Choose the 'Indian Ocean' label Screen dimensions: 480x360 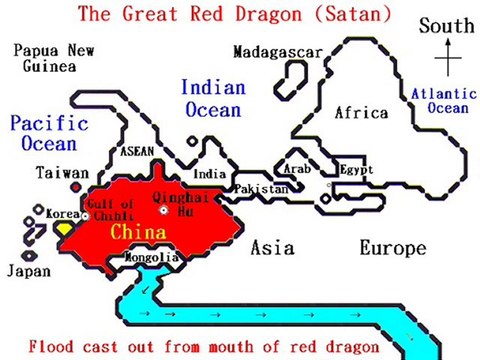[211, 99]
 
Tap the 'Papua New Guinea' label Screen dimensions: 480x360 [49, 58]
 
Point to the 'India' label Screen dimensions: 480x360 [209, 174]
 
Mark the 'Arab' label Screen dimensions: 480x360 [299, 169]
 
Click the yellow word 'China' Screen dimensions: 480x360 [138, 232]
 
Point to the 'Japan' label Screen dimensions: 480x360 [27, 270]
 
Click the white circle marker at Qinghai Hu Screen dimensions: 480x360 [166, 212]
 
